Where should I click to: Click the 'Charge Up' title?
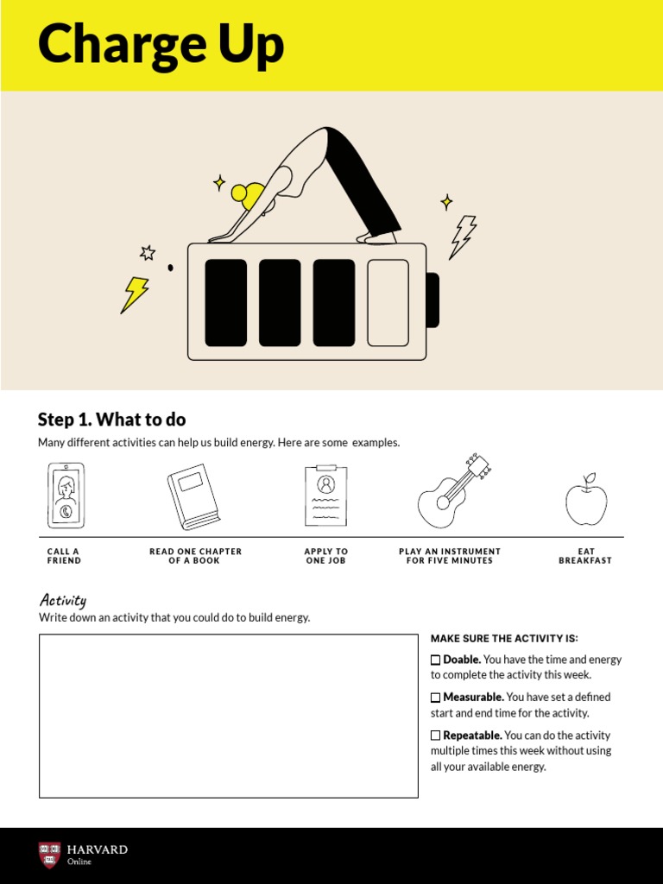161,45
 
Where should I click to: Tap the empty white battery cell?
388,303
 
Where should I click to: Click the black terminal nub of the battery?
433,300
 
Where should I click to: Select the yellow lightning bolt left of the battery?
134,294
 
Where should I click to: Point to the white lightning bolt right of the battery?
463,237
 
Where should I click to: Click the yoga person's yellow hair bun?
239,193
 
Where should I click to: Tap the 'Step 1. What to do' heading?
111,420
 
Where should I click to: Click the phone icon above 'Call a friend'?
66,496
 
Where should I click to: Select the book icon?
193,496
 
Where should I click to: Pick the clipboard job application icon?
325,496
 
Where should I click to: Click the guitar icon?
453,492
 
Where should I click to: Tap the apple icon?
586,501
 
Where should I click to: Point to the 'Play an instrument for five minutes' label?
449,556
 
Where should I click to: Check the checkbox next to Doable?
436,660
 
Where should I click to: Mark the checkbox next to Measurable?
436,698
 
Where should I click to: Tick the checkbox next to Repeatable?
436,736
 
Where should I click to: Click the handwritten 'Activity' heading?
62,600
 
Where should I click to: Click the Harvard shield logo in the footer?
49,855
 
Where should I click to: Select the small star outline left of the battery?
148,253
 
